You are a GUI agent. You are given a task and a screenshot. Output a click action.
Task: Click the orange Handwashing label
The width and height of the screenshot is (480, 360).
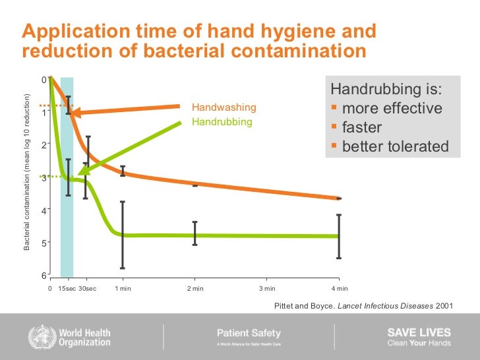click(224, 107)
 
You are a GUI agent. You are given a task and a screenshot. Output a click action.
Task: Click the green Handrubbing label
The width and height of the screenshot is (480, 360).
click(222, 122)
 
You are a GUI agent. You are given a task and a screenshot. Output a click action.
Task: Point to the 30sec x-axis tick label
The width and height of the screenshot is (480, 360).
click(87, 288)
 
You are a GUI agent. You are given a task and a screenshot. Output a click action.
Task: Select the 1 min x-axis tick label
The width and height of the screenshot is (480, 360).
click(123, 288)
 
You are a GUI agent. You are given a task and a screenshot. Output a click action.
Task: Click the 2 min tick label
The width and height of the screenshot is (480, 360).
click(195, 288)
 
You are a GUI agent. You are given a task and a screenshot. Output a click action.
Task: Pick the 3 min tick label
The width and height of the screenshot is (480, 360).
click(266, 288)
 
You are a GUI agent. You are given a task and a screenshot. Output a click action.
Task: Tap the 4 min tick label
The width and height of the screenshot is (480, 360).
click(339, 288)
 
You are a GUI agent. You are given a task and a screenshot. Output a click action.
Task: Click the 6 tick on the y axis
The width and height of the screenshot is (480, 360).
click(44, 276)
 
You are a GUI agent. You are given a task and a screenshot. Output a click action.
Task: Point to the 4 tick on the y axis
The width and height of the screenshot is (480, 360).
click(44, 210)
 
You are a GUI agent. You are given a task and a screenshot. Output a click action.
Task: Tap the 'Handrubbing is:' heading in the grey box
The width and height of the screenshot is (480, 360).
click(386, 89)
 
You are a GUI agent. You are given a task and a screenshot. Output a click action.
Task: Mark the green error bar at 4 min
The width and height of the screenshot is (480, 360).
click(339, 236)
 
